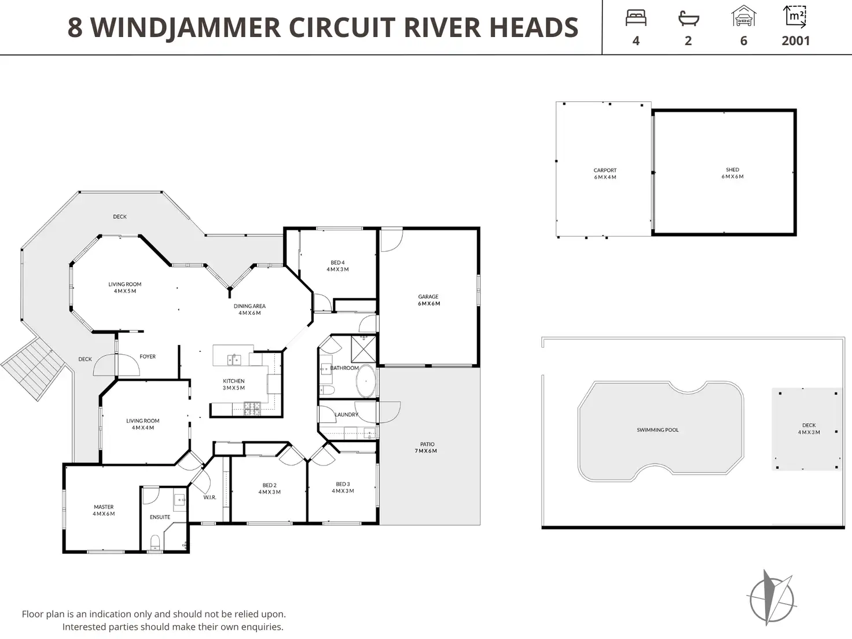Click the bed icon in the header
pyautogui.click(x=636, y=19)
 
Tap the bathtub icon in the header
pyautogui.click(x=689, y=19)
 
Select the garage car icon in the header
pyautogui.click(x=743, y=16)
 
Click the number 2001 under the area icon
pyautogui.click(x=796, y=41)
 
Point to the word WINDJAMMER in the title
pyautogui.click(x=186, y=28)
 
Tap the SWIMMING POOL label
pyautogui.click(x=658, y=430)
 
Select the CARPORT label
pyautogui.click(x=605, y=170)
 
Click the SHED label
pyautogui.click(x=732, y=170)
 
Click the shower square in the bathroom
pyautogui.click(x=363, y=349)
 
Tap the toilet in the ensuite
pyautogui.click(x=155, y=542)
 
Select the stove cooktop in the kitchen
pyautogui.click(x=252, y=409)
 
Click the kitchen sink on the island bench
pyautogui.click(x=234, y=359)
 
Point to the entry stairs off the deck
pyautogui.click(x=33, y=368)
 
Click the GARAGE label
pyautogui.click(x=428, y=296)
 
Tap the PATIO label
pyautogui.click(x=427, y=444)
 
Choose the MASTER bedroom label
pyautogui.click(x=104, y=506)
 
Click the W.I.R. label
pyautogui.click(x=210, y=497)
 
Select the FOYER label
pyautogui.click(x=148, y=356)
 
